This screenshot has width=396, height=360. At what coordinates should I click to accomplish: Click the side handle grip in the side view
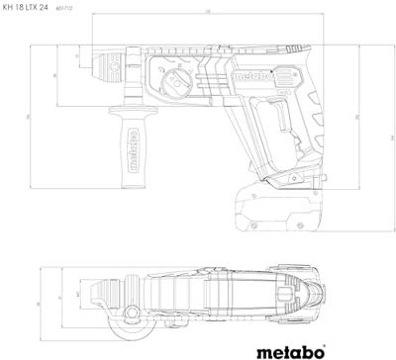tap(127, 148)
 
